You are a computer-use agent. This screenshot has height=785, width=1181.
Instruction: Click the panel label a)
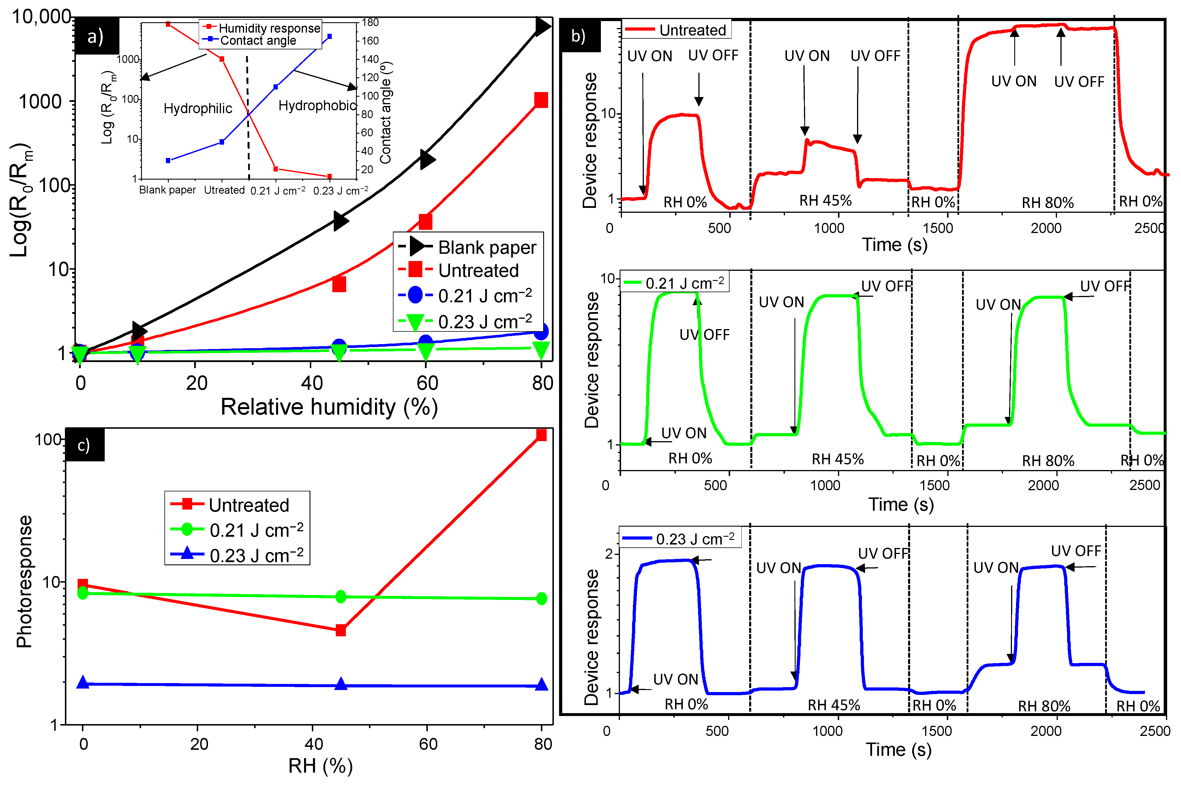point(95,36)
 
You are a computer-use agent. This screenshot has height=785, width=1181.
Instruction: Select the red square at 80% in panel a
point(541,100)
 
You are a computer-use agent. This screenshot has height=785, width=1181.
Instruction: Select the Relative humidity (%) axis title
point(329,407)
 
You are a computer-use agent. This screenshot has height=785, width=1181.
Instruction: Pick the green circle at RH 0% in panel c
point(83,593)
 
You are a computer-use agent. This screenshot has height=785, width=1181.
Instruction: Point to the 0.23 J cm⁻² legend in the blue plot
point(695,539)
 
